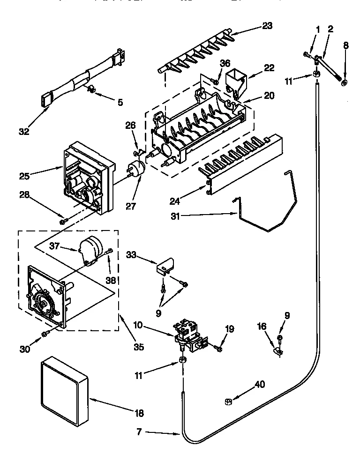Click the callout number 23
(x=267, y=26)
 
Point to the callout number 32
(x=23, y=132)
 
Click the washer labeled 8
(x=345, y=83)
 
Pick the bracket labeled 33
(x=165, y=266)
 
